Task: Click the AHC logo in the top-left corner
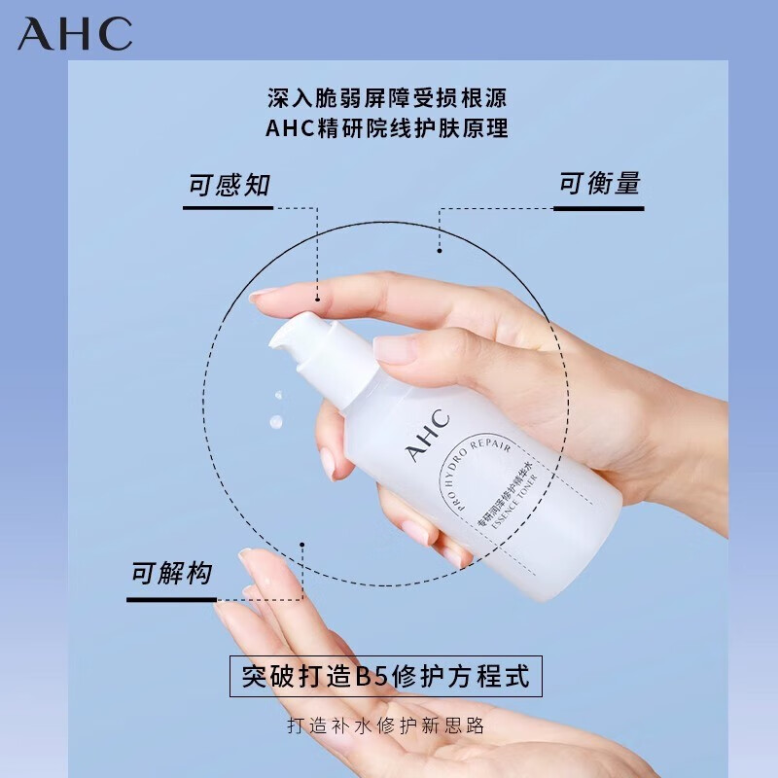[74, 35]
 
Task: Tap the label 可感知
[229, 185]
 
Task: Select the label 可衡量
[599, 184]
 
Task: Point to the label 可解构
[171, 574]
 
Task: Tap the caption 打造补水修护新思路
[386, 725]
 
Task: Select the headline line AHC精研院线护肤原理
[388, 128]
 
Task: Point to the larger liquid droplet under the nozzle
[275, 423]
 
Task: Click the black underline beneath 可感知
[229, 207]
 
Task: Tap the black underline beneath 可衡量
[599, 207]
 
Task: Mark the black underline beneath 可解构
[171, 599]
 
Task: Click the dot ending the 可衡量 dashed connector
[439, 251]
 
